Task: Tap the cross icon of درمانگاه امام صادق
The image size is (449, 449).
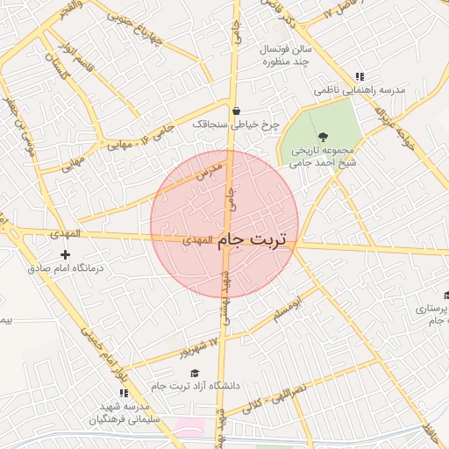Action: click(x=65, y=254)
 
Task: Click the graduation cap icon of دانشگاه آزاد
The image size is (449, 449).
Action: click(x=195, y=373)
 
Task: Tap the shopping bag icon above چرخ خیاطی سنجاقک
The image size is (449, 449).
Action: click(x=237, y=110)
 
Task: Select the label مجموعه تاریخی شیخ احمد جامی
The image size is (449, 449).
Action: click(x=324, y=154)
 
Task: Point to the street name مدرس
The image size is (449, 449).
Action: click(x=207, y=173)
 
